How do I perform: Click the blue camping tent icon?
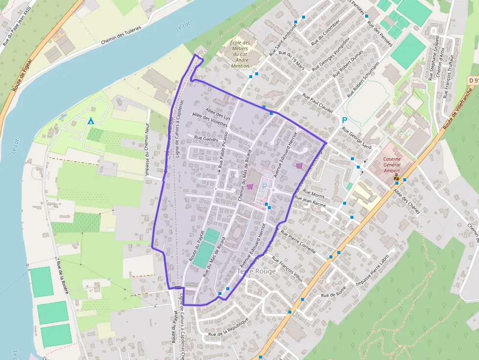[90, 121]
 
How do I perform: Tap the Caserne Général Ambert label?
[392, 165]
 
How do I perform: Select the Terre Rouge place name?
[256, 271]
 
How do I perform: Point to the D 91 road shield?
[473, 80]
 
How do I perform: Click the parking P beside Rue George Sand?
[344, 120]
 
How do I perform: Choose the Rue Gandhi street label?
[206, 139]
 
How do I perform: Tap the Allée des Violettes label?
[210, 120]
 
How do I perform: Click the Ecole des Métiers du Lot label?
[239, 54]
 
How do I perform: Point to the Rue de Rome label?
[334, 295]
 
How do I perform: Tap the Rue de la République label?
[228, 327]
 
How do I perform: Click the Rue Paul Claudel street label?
[318, 104]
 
